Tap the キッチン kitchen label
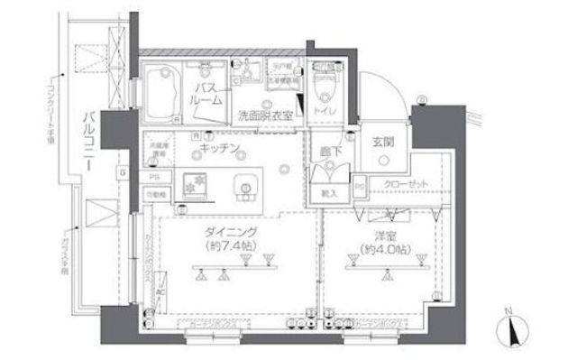click(220, 146)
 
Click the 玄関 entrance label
click(381, 141)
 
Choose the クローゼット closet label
click(401, 183)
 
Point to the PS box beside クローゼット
click(359, 186)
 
